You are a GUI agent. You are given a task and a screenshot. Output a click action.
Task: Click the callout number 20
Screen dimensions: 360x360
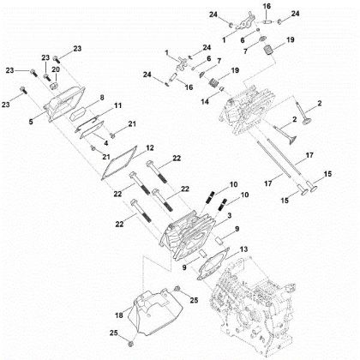click(56, 69)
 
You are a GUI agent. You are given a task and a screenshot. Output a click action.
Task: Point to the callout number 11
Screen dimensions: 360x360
click(118, 105)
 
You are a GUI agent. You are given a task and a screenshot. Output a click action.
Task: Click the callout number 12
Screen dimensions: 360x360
click(148, 147)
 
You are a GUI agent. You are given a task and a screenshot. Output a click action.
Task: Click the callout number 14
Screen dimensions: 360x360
click(204, 101)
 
